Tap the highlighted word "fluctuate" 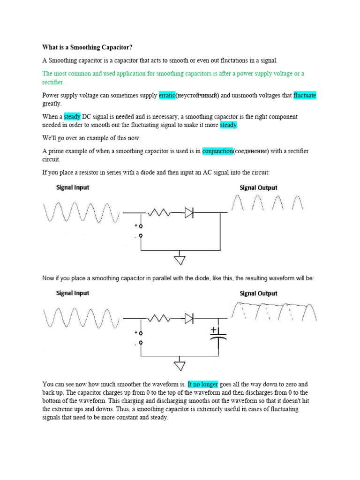305,95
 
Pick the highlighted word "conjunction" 217,151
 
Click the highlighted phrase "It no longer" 202,383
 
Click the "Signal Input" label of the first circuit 73,187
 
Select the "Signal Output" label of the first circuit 258,187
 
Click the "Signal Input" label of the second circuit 73,293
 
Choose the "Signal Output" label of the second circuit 258,293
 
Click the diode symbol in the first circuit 189,213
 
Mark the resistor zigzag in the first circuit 159,213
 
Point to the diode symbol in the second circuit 189,319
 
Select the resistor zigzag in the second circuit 159,319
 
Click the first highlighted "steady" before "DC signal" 72,116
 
